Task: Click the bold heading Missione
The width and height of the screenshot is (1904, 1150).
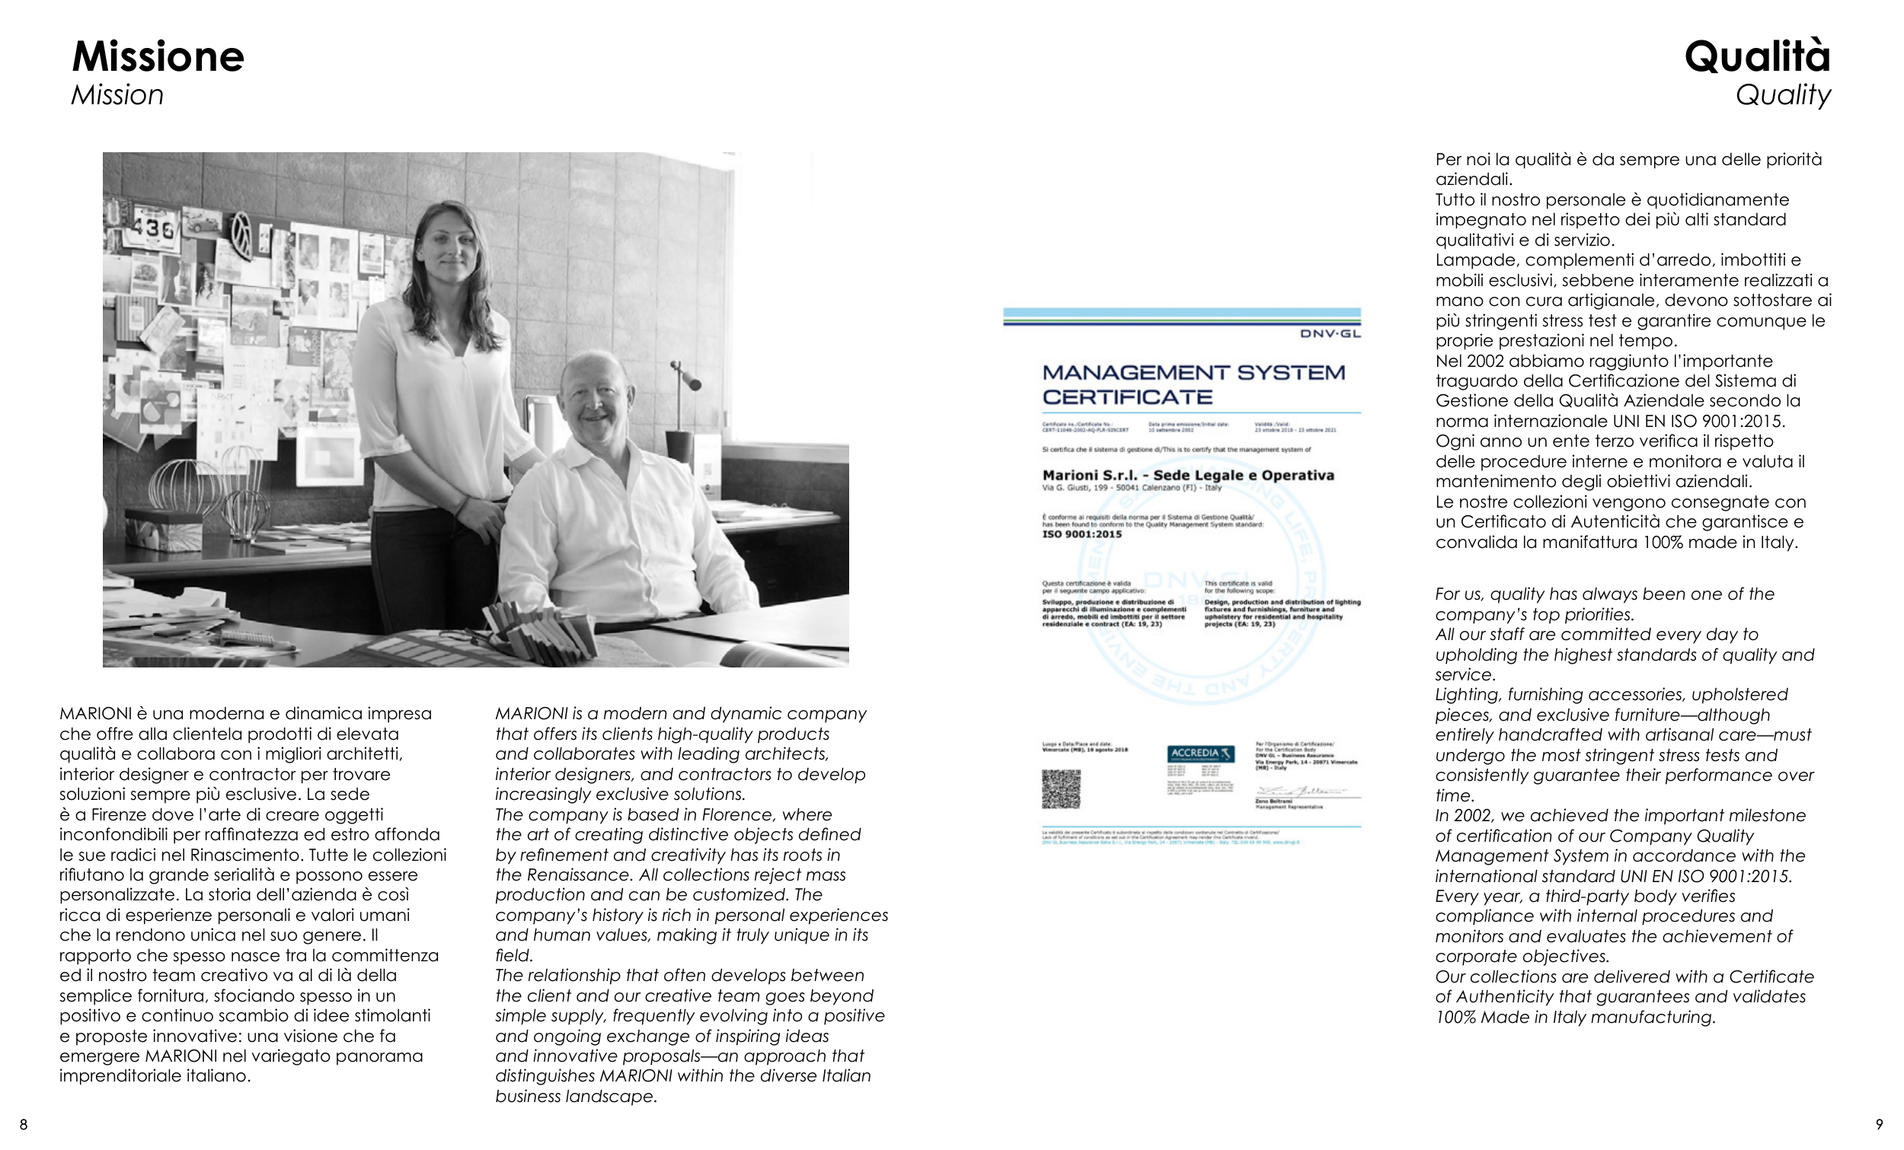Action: (158, 57)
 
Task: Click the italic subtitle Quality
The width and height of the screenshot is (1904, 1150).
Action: (1783, 96)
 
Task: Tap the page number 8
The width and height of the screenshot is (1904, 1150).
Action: (23, 1125)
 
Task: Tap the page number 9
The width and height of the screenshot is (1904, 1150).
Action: (1880, 1125)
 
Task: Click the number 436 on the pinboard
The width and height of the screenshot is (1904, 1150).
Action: (152, 228)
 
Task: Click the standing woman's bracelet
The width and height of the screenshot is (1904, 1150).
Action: (462, 508)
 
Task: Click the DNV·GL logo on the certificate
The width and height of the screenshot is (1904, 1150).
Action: (1330, 333)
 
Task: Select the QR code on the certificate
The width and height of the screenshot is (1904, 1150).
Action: (1060, 788)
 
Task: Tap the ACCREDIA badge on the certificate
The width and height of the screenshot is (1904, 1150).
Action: (1200, 753)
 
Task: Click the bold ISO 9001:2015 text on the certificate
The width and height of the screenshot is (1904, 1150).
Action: (1081, 534)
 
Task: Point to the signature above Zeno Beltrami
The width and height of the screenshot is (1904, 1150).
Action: (1301, 792)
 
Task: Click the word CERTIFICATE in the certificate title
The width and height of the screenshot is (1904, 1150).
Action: (1127, 398)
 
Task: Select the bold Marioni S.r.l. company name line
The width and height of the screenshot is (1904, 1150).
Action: (1187, 475)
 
